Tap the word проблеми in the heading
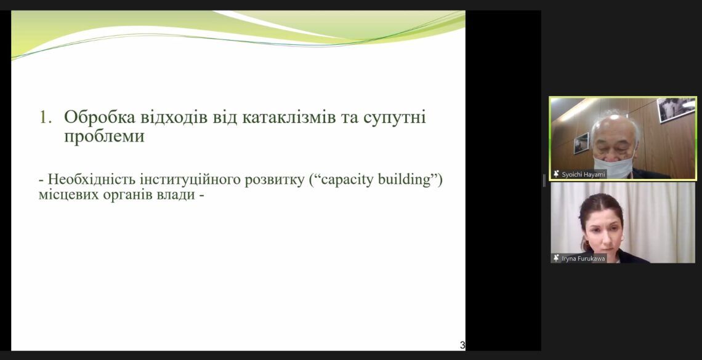click(104, 137)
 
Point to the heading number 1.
click(44, 118)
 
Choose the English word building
click(405, 180)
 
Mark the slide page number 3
click(462, 345)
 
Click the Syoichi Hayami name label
click(583, 174)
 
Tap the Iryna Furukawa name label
click(583, 258)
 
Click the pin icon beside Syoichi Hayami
click(557, 174)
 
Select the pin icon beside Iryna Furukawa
click(557, 258)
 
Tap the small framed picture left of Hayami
click(581, 143)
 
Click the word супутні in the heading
click(395, 118)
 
